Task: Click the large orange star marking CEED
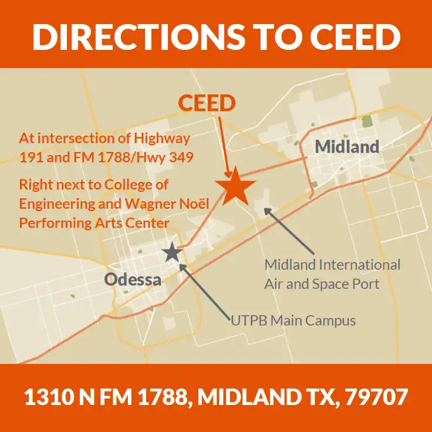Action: tap(235, 185)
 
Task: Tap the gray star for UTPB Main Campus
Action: tap(171, 252)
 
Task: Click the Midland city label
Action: tap(347, 146)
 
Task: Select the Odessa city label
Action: tap(133, 279)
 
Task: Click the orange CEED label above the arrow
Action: tap(207, 103)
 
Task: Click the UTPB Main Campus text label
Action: tap(293, 320)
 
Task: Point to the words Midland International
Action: tap(332, 265)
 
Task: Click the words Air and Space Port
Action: tap(322, 284)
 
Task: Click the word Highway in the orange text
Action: tap(161, 139)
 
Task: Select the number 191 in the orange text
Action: tap(30, 157)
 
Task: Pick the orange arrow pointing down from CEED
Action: tap(224, 141)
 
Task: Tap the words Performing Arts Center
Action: tap(94, 222)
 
